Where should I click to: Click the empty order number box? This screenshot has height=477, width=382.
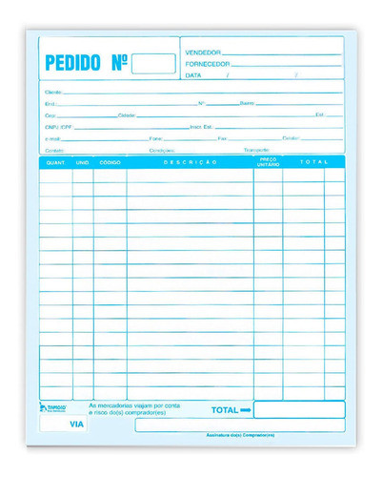point(153,64)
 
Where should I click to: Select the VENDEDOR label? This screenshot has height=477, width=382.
point(204,52)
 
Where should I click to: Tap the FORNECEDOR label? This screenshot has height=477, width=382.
point(210,63)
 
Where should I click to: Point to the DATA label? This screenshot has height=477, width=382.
point(193,74)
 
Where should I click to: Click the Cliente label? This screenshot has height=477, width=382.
point(53,92)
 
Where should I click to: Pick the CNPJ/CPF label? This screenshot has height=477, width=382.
point(58,126)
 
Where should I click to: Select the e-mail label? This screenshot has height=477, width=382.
point(52,138)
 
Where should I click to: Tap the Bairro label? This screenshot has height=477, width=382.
point(247,103)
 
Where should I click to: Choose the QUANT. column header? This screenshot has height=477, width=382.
point(55,163)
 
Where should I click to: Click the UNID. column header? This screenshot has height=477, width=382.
point(83,163)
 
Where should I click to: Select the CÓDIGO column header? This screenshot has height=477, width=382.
point(110,163)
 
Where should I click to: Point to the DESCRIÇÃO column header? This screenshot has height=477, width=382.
point(190,163)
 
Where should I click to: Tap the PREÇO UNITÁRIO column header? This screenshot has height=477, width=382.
point(268,163)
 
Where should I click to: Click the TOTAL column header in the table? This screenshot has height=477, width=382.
point(312,163)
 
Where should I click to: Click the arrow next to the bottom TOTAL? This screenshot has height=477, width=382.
point(245,410)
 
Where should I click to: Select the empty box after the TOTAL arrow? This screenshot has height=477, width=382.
point(298,410)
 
